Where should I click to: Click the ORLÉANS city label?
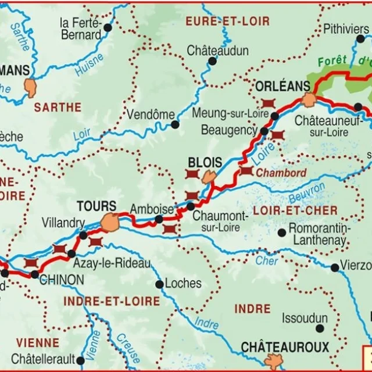tap(283, 86)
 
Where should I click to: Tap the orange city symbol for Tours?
tap(109, 222)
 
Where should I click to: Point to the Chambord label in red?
tap(281, 173)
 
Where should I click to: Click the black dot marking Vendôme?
tap(175, 124)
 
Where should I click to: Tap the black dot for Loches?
tap(159, 284)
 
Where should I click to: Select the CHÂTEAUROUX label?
tap(285, 348)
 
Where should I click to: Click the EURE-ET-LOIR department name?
tap(227, 22)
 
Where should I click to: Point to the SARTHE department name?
tap(58, 107)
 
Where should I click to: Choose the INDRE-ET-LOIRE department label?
tap(111, 301)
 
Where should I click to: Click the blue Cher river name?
tap(267, 261)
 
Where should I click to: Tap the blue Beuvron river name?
tap(307, 194)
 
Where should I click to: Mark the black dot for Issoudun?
tap(320, 319)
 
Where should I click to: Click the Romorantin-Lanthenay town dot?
tap(282, 233)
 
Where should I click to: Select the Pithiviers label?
tap(346, 28)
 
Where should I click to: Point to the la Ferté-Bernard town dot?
tap(108, 27)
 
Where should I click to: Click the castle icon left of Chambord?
tap(246, 171)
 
